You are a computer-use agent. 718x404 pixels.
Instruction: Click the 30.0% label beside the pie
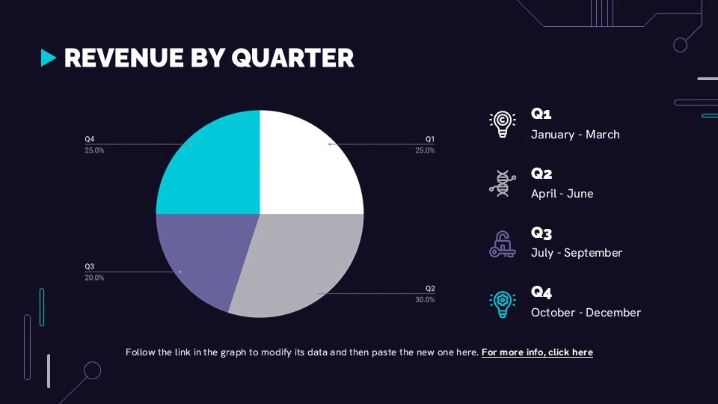click(425, 299)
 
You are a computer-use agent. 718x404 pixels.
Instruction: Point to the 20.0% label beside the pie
click(94, 278)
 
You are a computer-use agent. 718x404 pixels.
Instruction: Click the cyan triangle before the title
click(48, 58)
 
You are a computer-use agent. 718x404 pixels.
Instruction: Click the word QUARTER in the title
click(292, 58)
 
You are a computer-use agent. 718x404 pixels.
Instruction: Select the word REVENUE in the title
click(123, 58)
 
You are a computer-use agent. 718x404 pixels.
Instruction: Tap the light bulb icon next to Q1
click(503, 124)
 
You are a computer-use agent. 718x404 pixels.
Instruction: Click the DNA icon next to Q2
click(503, 183)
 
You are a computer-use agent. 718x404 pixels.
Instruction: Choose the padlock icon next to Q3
click(503, 244)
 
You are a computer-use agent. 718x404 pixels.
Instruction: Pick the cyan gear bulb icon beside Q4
click(503, 304)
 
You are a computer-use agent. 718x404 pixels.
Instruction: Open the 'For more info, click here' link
click(537, 352)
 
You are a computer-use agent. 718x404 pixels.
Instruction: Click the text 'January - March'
click(575, 135)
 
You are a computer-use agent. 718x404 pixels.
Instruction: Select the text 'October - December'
click(586, 313)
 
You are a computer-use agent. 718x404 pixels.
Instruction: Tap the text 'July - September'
click(577, 253)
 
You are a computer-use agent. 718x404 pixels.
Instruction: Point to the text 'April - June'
click(562, 194)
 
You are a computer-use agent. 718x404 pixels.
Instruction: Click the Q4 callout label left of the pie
click(89, 139)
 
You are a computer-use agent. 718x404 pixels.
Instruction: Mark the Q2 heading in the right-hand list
click(541, 174)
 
